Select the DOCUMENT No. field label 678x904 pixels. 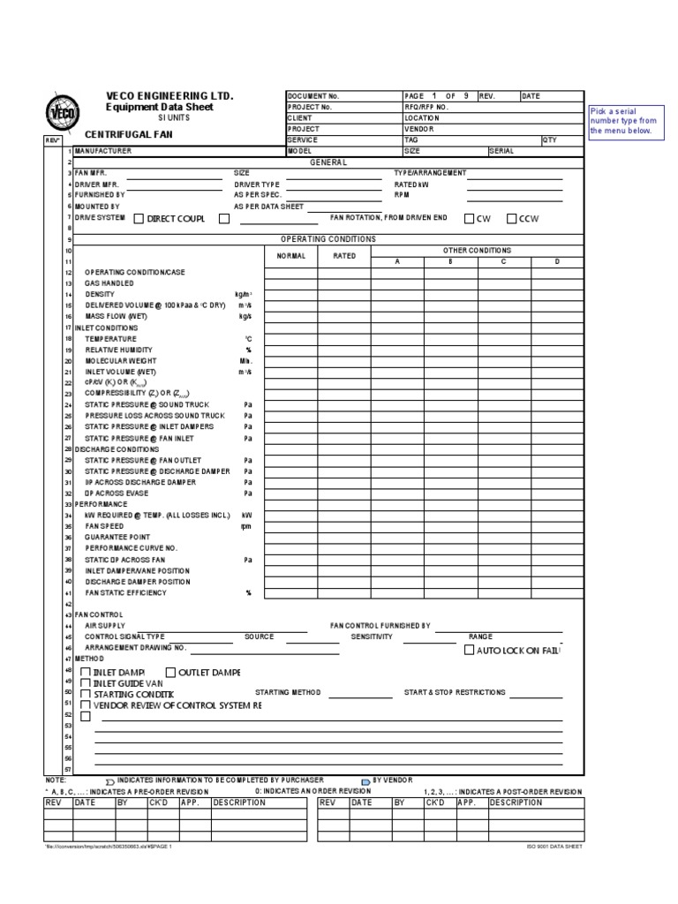coord(313,95)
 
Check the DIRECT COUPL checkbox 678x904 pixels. coord(139,218)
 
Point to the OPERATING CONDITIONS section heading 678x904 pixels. coord(328,239)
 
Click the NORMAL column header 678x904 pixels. coord(291,256)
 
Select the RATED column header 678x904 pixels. coord(344,256)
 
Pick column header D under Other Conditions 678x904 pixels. coord(556,261)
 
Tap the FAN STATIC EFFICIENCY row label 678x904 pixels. coord(126,592)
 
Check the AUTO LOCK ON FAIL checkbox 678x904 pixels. coord(470,651)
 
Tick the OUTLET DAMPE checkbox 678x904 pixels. coord(170,673)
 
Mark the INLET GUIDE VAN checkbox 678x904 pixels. coord(86,683)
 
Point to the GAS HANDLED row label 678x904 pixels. coord(109,283)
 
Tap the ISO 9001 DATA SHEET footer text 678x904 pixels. coord(554,846)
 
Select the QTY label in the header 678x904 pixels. coord(549,139)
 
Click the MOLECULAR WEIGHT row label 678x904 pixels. coord(121,361)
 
